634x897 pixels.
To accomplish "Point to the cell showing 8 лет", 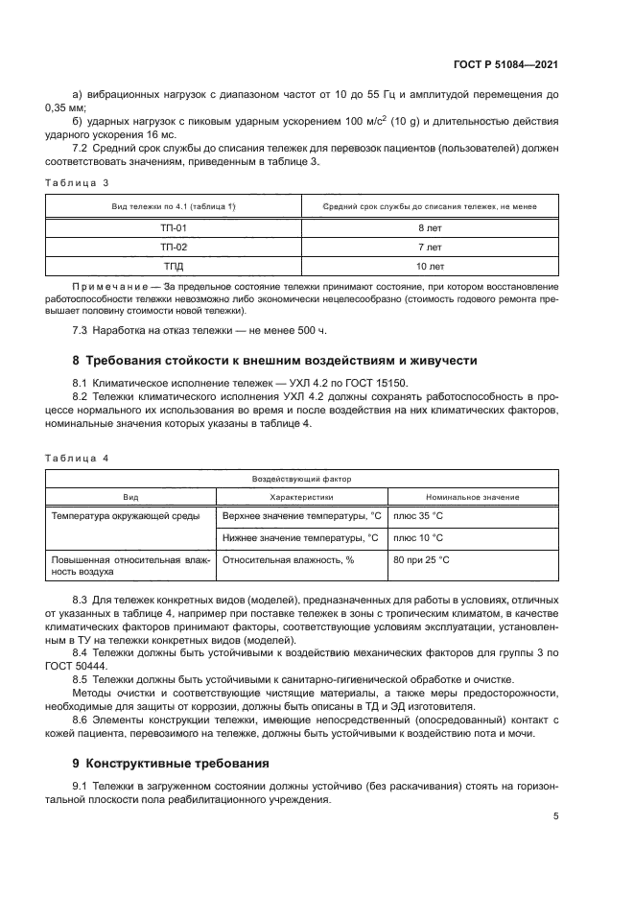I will pos(429,228).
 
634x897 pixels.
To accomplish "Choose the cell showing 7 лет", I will pos(429,247).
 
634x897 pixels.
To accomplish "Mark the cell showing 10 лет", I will pos(429,266).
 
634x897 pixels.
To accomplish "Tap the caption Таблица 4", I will pos(78,458).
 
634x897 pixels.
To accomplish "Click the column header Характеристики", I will pos(301,497).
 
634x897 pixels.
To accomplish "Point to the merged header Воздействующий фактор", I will pos(301,477).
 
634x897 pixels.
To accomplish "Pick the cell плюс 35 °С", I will pos(418,516).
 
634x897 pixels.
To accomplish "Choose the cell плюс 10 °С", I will pos(418,537).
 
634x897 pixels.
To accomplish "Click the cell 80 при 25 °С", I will pos(421,559).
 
